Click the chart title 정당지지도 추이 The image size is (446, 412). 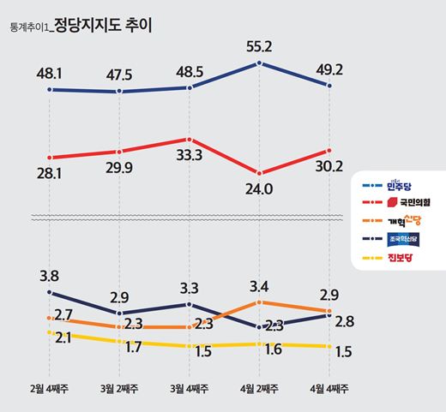[x=103, y=25]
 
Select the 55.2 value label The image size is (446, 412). [x=260, y=47]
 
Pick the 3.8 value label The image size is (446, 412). [x=50, y=276]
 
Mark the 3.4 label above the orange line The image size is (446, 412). [x=260, y=285]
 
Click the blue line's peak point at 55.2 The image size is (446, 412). [x=260, y=63]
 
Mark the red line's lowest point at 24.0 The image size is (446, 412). [x=260, y=174]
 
